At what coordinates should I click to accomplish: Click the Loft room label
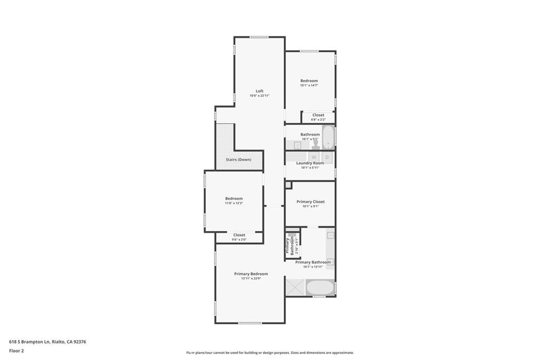(x=259, y=91)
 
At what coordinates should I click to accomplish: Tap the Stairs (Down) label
(x=238, y=160)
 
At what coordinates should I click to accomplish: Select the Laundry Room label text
(x=310, y=163)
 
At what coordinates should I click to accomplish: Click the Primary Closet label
(x=310, y=202)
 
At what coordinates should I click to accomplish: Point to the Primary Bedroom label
(x=251, y=274)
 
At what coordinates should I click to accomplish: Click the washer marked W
(x=314, y=157)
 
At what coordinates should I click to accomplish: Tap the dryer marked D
(x=327, y=157)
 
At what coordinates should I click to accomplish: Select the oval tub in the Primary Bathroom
(x=320, y=288)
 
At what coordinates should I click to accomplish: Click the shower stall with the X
(x=295, y=287)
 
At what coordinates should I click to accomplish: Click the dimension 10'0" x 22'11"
(x=259, y=95)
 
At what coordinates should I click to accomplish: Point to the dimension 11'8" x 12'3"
(x=234, y=203)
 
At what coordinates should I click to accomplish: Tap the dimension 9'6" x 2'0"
(x=239, y=240)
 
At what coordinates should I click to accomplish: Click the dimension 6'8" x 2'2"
(x=318, y=119)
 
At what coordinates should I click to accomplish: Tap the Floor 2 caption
(x=17, y=351)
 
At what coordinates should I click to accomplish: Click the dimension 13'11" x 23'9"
(x=251, y=278)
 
